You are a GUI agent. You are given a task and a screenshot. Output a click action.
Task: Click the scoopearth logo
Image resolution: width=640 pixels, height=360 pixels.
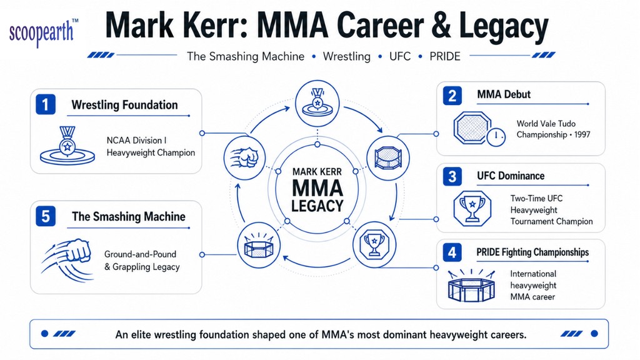tap(43, 32)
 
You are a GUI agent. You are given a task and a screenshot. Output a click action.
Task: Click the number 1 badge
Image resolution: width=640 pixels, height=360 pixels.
tap(46, 104)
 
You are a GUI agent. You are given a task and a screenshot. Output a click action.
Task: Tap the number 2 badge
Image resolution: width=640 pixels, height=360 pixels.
tap(452, 96)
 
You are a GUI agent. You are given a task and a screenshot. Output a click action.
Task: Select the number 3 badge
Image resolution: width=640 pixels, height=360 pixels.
tap(452, 177)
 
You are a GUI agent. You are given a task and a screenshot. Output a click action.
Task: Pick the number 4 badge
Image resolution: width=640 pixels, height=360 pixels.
tap(452, 252)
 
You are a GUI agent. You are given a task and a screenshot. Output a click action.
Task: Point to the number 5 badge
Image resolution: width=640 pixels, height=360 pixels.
tap(46, 216)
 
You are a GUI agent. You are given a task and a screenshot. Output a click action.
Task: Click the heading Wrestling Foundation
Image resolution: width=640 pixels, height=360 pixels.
tap(124, 105)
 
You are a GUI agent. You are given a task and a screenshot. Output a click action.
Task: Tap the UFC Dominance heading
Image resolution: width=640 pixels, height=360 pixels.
tap(511, 176)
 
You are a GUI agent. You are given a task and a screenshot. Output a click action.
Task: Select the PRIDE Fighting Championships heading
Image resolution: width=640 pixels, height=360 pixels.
tap(532, 252)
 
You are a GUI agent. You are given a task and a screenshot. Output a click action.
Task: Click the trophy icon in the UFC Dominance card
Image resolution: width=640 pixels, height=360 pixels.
tap(472, 209)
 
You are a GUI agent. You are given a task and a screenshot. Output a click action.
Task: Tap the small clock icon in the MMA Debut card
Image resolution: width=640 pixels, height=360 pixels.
tap(496, 136)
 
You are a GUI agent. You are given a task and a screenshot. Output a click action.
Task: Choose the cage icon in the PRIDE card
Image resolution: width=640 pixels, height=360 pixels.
tap(471, 286)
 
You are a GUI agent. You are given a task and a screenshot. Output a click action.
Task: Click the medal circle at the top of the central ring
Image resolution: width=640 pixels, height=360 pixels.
tap(317, 103)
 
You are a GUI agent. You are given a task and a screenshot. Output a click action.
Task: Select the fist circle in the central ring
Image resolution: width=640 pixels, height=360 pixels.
tap(244, 158)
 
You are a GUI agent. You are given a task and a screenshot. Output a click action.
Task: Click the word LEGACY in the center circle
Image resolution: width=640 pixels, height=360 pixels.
tap(317, 206)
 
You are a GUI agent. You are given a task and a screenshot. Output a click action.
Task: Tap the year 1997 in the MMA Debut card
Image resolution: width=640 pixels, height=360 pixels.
tap(582, 135)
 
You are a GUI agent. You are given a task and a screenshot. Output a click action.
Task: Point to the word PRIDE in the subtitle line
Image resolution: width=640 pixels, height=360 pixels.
tap(445, 56)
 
